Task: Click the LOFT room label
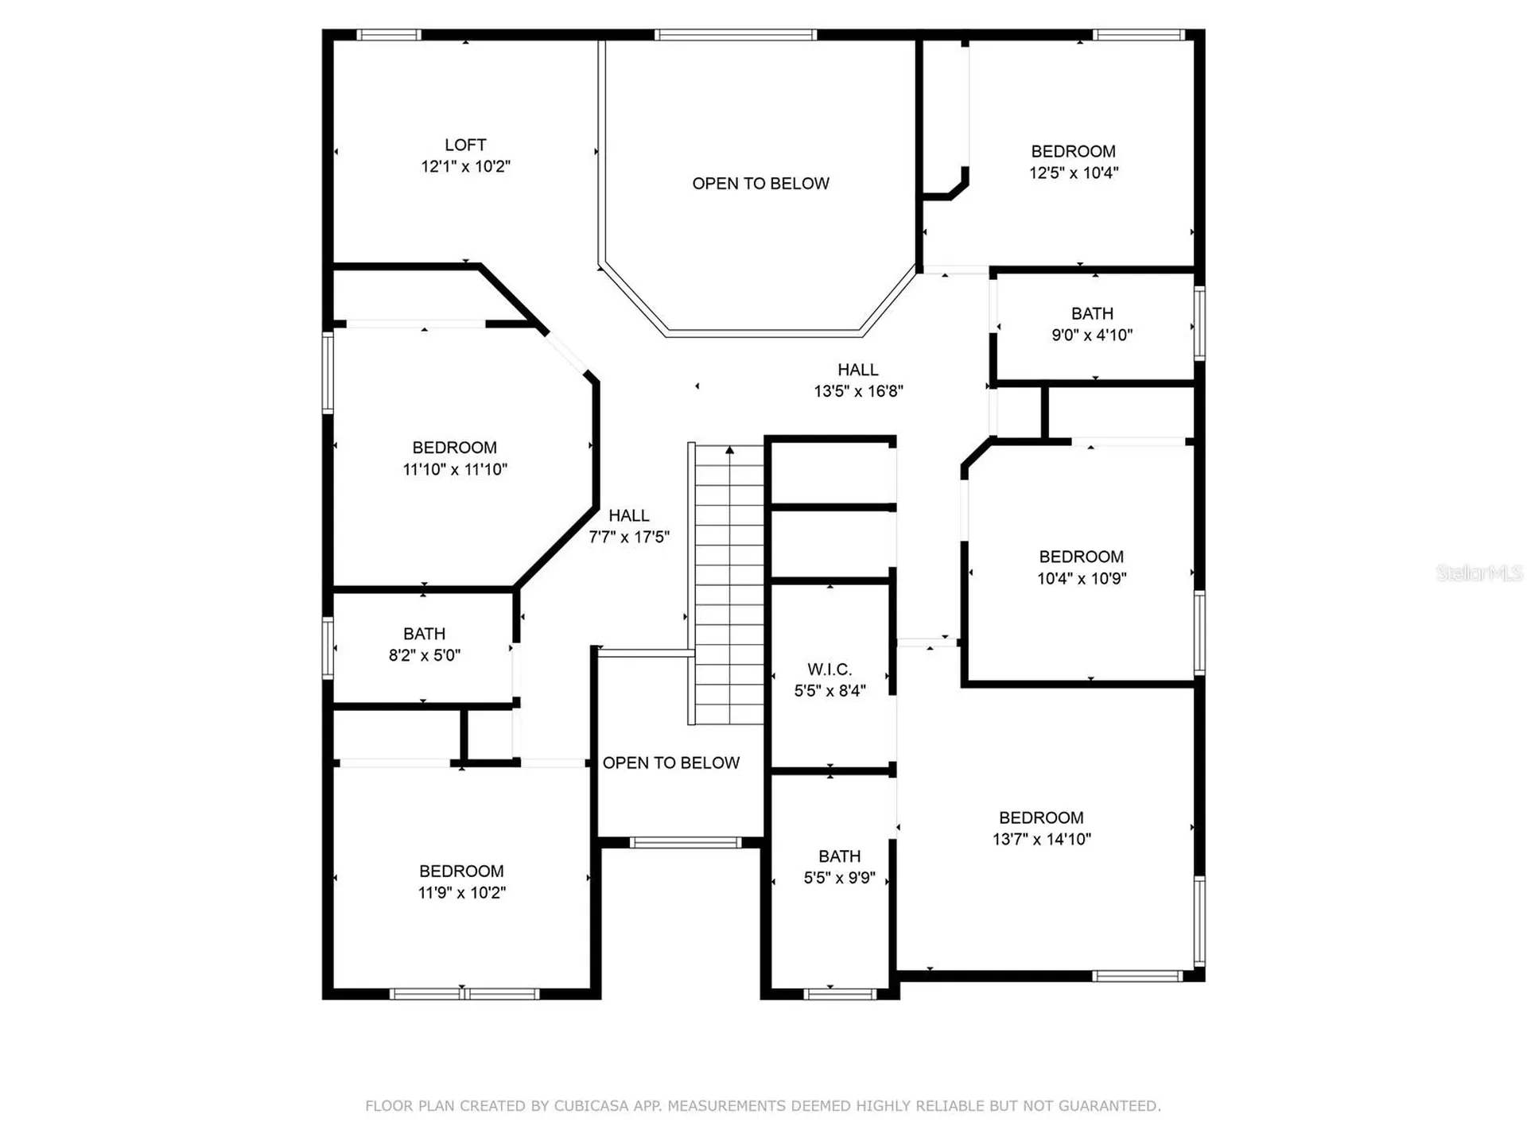pos(465,145)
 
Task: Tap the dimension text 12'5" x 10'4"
pos(1074,173)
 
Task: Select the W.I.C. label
pos(830,670)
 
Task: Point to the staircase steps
pos(729,584)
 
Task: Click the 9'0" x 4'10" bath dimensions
pos(1092,335)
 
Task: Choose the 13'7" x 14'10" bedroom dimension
pos(1042,839)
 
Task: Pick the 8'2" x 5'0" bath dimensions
pos(425,655)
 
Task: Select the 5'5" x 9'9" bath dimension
pos(840,878)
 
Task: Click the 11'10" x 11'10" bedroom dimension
pos(455,469)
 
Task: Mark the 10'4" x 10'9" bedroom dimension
pos(1082,578)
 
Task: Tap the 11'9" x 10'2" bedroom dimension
pos(462,892)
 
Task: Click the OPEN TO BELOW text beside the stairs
pos(671,763)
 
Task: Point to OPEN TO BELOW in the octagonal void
pos(761,184)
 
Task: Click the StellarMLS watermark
pos(1479,572)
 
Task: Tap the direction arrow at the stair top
pos(730,451)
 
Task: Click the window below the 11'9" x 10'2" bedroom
pos(464,994)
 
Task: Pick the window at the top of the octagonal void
pos(736,35)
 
